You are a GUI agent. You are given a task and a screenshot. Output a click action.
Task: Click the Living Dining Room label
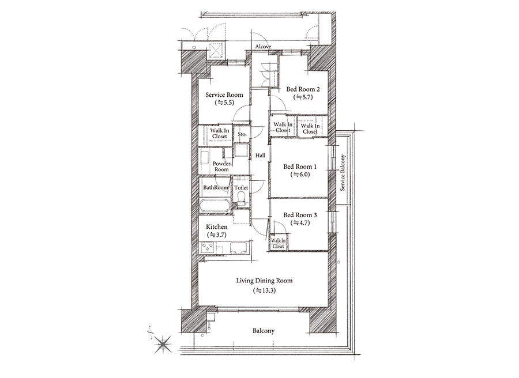[x=264, y=281]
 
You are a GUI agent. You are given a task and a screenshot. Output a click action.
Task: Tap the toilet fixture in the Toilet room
[x=241, y=199]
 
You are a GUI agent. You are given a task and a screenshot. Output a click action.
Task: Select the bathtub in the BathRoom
[x=215, y=205]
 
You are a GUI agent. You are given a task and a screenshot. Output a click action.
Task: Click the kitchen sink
[x=238, y=248]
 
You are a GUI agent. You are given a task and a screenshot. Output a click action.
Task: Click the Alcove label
[x=263, y=47]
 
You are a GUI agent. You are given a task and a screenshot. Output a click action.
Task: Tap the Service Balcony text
[x=343, y=173]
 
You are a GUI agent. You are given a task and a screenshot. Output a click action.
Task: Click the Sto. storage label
[x=242, y=134]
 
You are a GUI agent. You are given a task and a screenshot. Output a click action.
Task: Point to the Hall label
[x=260, y=156]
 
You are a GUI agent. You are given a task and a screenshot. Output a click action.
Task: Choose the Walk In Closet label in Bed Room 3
[x=279, y=243]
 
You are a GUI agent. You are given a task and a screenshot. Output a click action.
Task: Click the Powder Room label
[x=221, y=167]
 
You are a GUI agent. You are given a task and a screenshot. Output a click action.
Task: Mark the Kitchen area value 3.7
[x=217, y=235]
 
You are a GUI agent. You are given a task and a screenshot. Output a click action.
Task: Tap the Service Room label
[x=224, y=95]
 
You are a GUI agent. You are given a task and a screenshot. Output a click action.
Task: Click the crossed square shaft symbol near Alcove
[x=217, y=51]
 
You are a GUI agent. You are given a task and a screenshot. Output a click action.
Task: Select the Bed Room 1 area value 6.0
[x=300, y=175]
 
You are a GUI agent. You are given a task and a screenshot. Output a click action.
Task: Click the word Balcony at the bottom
[x=264, y=331]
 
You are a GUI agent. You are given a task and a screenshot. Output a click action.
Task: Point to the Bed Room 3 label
[x=300, y=215]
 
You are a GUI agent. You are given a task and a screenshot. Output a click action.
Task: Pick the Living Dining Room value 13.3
[x=265, y=290]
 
